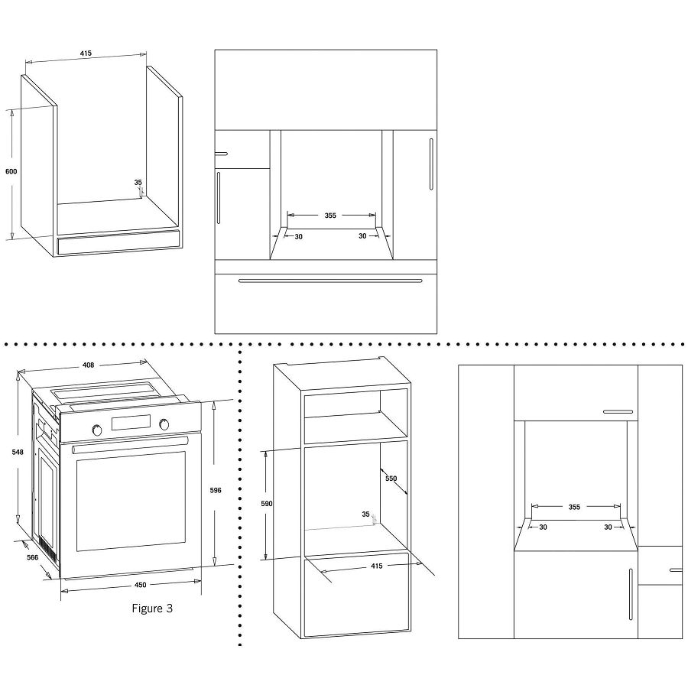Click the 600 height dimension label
coord(11,171)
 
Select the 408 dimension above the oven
coord(88,365)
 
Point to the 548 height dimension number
coord(18,453)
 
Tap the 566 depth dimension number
coord(32,558)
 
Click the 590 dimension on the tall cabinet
coord(266,505)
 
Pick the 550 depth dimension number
coord(391,479)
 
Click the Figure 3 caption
coord(153,608)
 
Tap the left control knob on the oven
coord(97,430)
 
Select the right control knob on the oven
coord(164,424)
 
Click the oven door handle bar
coord(130,446)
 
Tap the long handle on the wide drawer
coord(329,281)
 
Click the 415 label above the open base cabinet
coord(86,54)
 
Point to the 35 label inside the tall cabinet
coord(366,514)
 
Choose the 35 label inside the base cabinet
coord(138,183)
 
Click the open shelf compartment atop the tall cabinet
coord(355,417)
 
